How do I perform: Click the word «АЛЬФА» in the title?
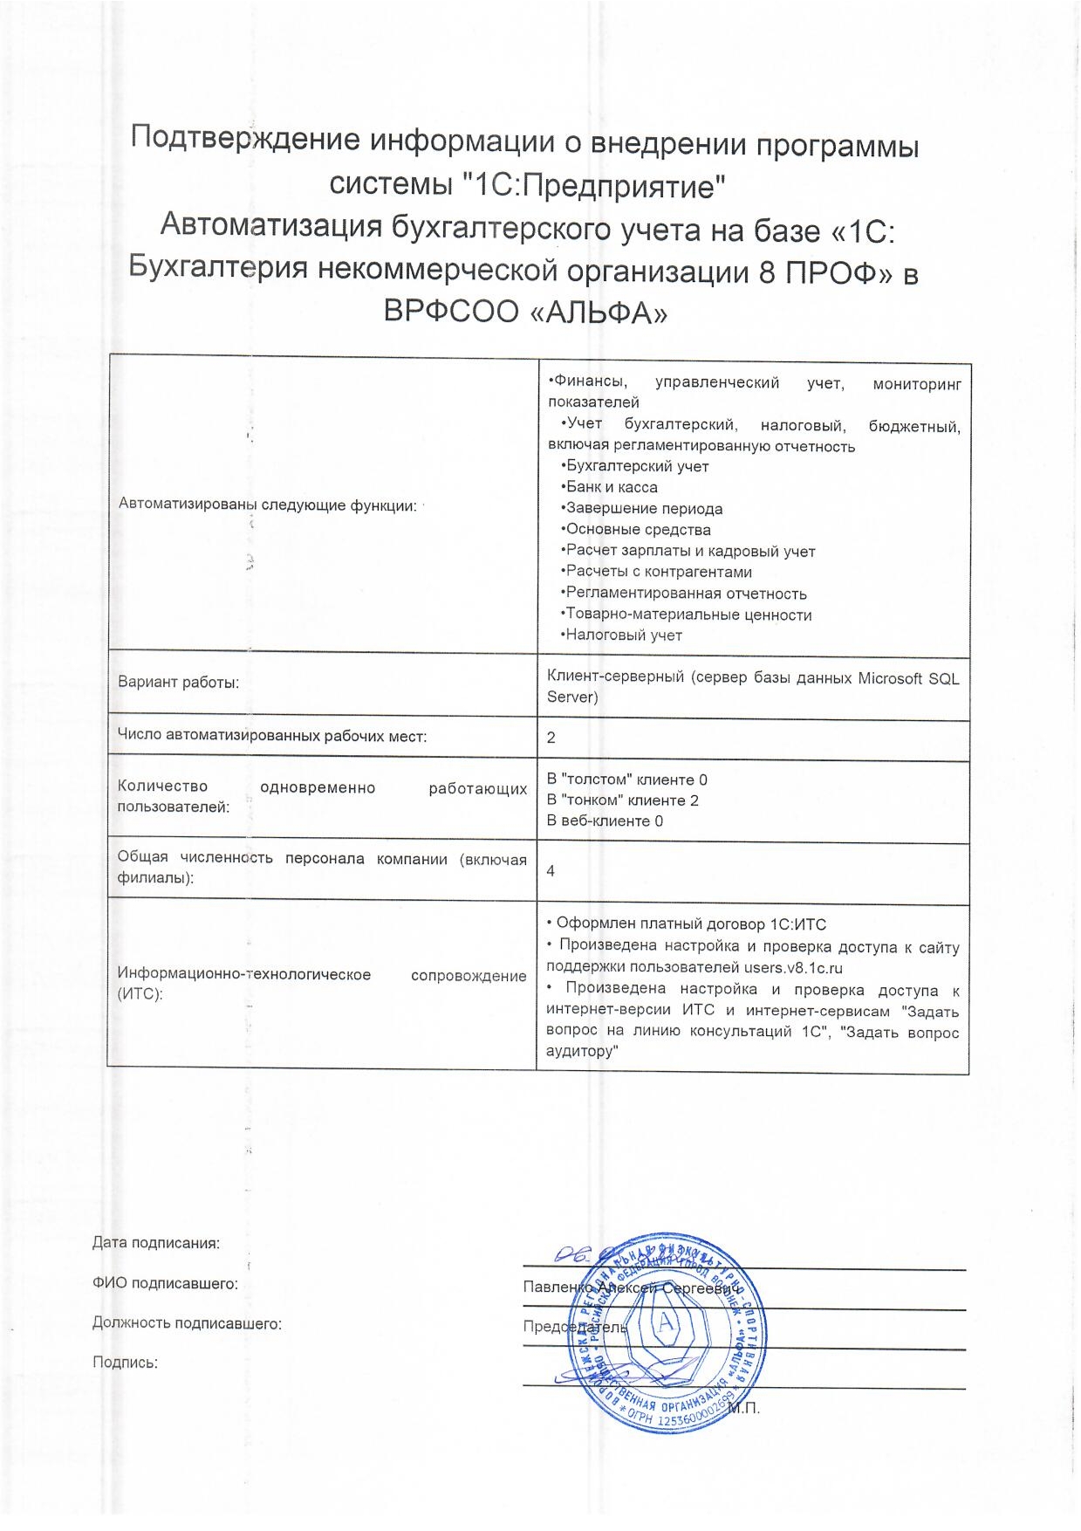pos(599,312)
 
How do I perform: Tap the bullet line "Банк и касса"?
pos(611,487)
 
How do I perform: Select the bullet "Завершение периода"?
pos(643,508)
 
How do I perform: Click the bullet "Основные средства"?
pos(637,529)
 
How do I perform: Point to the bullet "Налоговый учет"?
pos(622,635)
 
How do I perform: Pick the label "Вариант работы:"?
pos(178,683)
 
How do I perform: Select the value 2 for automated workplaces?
pos(551,738)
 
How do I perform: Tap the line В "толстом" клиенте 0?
pos(626,779)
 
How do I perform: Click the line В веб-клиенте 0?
pos(605,820)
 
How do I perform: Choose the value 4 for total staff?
pos(551,871)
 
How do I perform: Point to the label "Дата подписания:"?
pos(155,1243)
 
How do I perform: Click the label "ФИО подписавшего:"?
pos(165,1283)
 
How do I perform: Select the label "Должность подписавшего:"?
pos(187,1323)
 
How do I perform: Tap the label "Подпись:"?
pos(125,1362)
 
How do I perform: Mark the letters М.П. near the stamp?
pos(743,1408)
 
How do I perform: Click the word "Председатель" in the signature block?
pos(575,1327)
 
